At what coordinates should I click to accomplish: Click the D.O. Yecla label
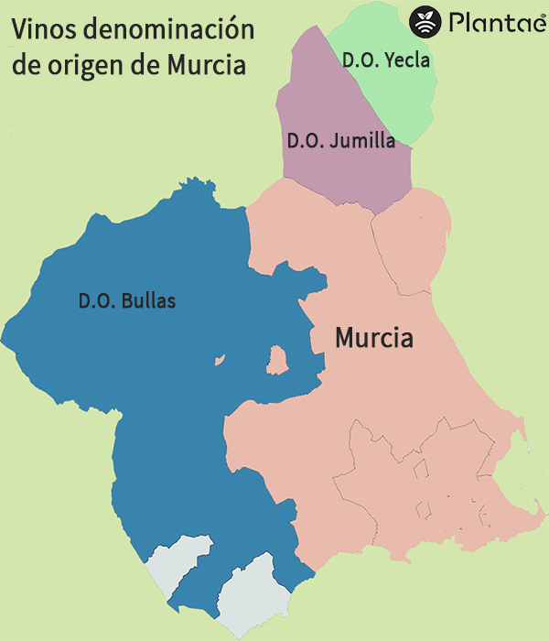pos(385,61)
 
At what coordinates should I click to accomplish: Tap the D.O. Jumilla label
pos(340,141)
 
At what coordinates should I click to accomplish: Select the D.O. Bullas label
pos(127,299)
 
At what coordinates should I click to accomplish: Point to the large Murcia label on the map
pos(373,338)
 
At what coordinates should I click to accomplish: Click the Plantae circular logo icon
pos(425,21)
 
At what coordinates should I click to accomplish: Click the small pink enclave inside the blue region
pos(276,360)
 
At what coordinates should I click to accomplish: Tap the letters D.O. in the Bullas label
pos(95,299)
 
